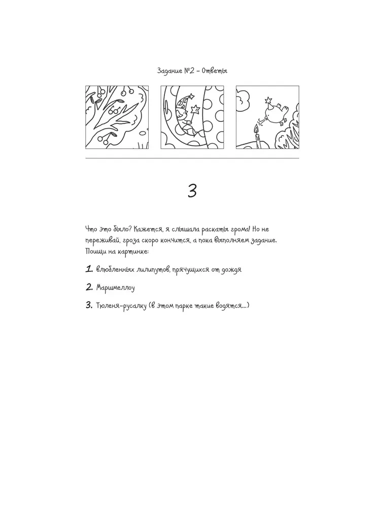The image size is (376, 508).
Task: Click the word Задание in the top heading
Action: pos(170,71)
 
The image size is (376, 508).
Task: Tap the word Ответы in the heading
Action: pos(215,71)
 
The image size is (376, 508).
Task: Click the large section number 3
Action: pos(192,191)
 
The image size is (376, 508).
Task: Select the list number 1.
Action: pos(89,269)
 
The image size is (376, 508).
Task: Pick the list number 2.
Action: pos(89,287)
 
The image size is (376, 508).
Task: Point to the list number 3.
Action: pos(89,305)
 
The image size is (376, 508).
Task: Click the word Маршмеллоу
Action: pos(116,288)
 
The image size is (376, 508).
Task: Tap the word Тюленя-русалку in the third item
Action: pos(121,305)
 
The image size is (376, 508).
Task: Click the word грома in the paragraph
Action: pos(239,230)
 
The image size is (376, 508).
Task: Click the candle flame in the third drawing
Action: pos(257,129)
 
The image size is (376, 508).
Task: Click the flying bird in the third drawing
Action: pos(276,113)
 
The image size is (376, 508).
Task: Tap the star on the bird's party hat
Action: pos(268,100)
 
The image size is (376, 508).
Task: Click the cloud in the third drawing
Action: pos(243,99)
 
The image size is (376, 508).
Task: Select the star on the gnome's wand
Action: pos(195,109)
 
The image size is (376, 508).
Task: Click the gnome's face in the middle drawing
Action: pos(182,114)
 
